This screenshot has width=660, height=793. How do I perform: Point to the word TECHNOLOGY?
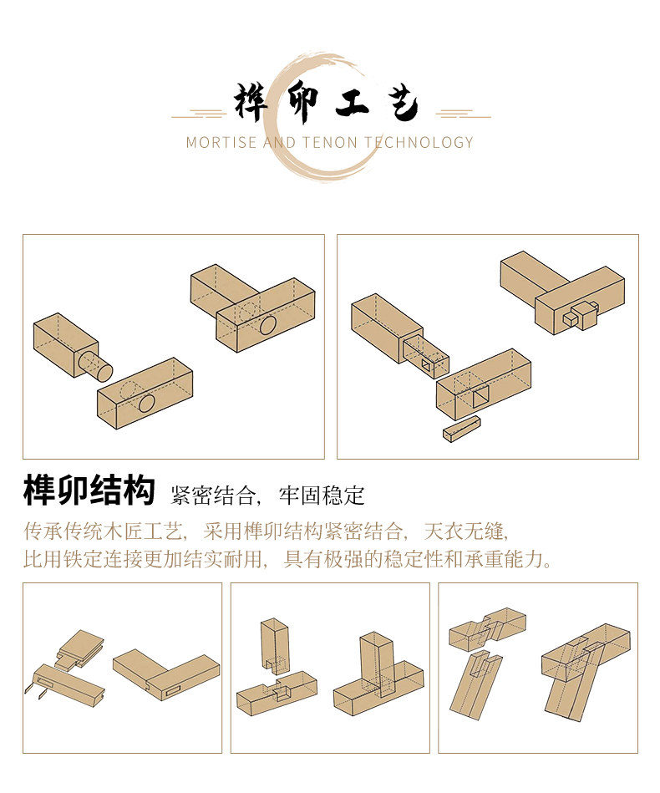[419, 142]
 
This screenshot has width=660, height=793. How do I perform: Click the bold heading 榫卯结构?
[89, 491]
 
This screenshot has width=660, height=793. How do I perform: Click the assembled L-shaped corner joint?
[167, 673]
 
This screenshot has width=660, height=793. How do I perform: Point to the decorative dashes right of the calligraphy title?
[463, 113]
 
